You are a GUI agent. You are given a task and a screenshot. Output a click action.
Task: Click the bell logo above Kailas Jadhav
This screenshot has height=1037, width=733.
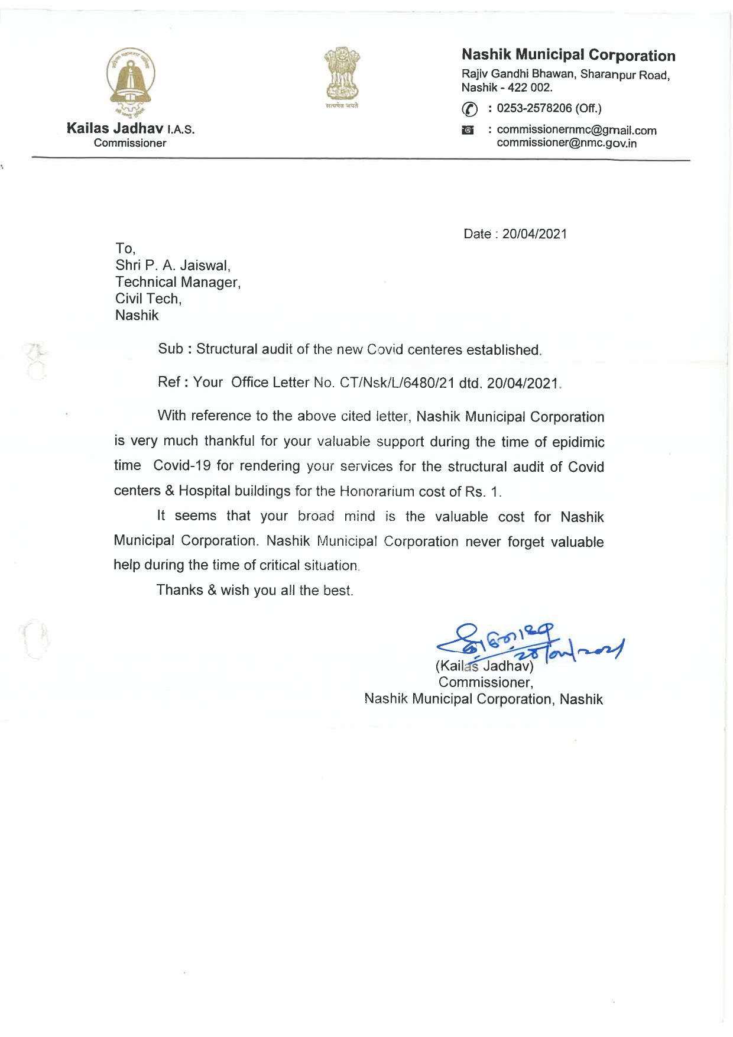pyautogui.click(x=131, y=79)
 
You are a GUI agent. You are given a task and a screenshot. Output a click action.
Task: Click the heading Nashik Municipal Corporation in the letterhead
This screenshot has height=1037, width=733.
pyautogui.click(x=568, y=55)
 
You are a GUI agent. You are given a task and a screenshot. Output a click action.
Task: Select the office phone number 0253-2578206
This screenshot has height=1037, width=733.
pyautogui.click(x=534, y=108)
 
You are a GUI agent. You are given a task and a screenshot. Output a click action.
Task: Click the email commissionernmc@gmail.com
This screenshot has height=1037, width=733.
pyautogui.click(x=576, y=130)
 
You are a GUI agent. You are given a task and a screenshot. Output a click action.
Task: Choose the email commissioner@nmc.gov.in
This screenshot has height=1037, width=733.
pyautogui.click(x=566, y=143)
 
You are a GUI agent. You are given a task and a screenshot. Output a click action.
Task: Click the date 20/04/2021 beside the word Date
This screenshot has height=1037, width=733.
pyautogui.click(x=534, y=234)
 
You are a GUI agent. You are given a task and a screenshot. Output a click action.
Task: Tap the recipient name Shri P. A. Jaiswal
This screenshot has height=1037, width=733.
pyautogui.click(x=173, y=265)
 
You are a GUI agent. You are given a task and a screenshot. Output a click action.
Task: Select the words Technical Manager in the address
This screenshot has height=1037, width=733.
pyautogui.click(x=177, y=282)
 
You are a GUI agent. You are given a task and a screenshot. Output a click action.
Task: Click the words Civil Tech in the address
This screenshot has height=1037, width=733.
pyautogui.click(x=148, y=299)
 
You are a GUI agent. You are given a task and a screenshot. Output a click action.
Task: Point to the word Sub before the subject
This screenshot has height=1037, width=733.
pyautogui.click(x=170, y=349)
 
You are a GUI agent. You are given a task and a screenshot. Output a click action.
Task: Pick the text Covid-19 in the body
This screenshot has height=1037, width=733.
pyautogui.click(x=181, y=466)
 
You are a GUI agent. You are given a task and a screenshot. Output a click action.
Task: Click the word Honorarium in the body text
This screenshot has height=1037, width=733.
pyautogui.click(x=377, y=491)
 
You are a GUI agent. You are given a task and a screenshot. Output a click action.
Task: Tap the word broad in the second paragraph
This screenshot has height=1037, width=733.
pyautogui.click(x=316, y=516)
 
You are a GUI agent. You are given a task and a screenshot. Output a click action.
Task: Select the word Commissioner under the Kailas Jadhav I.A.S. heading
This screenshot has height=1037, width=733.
pyautogui.click(x=130, y=143)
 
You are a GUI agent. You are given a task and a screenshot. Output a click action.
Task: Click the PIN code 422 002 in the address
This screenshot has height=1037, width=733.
pyautogui.click(x=530, y=88)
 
